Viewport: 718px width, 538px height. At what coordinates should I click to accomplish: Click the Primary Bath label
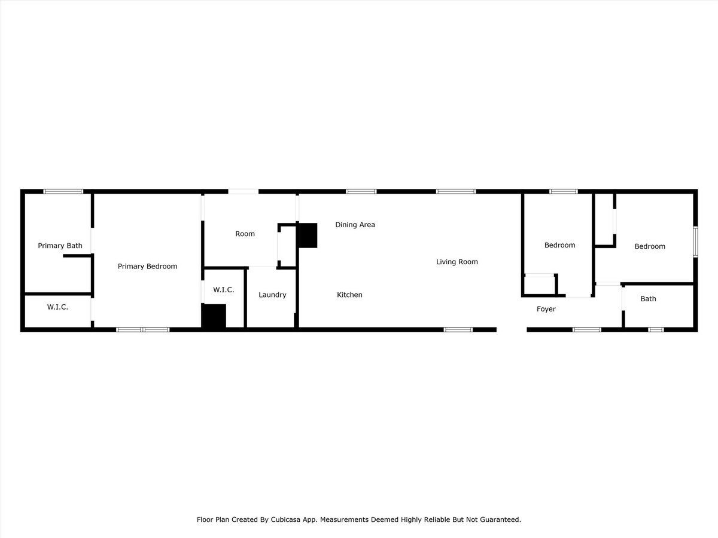click(x=60, y=246)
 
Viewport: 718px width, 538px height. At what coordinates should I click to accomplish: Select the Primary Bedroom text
click(x=147, y=267)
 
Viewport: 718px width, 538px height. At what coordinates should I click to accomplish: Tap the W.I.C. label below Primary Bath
click(x=57, y=307)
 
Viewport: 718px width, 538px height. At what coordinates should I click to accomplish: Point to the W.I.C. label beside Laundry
click(x=223, y=290)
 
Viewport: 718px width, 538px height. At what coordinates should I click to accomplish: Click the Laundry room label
click(x=272, y=295)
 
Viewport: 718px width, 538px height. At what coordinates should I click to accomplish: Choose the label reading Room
click(x=245, y=234)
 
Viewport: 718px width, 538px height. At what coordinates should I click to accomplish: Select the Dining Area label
click(x=355, y=225)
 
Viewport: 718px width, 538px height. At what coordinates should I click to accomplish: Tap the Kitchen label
click(x=349, y=295)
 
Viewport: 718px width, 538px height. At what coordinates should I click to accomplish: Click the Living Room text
click(x=457, y=262)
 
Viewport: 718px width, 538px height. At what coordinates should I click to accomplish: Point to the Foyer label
click(x=546, y=309)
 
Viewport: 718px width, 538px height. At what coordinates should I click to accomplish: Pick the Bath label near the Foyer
click(x=648, y=299)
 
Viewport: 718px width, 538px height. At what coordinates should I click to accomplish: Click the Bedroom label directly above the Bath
click(x=650, y=246)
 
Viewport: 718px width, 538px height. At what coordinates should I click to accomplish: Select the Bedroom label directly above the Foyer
click(x=559, y=245)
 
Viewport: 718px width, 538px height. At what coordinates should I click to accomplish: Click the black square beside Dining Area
click(x=308, y=236)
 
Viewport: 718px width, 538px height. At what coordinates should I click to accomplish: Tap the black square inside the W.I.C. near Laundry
click(x=214, y=316)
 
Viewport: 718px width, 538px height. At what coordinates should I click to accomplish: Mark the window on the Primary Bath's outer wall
click(x=63, y=191)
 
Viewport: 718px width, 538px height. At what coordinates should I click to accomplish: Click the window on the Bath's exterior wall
click(x=656, y=329)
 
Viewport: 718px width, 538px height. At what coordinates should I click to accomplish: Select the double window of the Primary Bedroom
click(x=142, y=329)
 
